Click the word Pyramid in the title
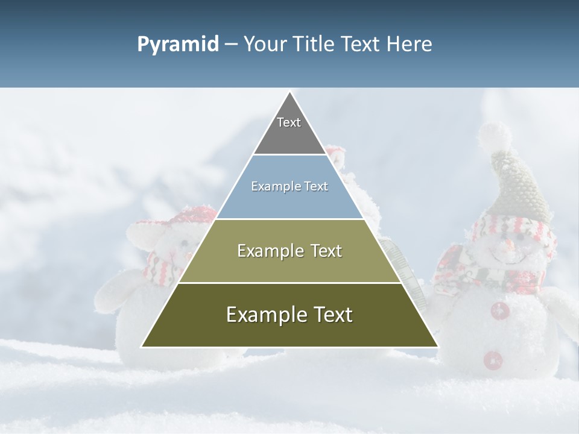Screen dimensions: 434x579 tap(177, 45)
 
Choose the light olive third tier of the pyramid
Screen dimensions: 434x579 tap(289, 251)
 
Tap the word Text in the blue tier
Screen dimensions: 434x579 tap(315, 187)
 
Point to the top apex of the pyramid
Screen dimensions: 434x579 tap(290, 92)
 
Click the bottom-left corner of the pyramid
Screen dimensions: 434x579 tap(142, 347)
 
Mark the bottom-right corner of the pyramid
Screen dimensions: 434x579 tap(437, 347)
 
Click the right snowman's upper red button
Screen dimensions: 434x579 tap(499, 311)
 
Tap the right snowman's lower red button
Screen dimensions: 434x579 tap(493, 359)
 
